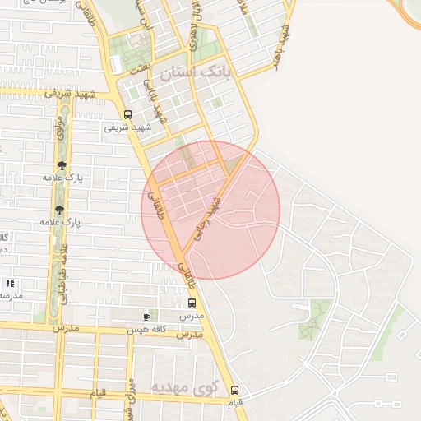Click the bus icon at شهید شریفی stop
(x=127, y=115)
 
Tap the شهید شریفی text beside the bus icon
(x=129, y=128)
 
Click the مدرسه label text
(x=12, y=294)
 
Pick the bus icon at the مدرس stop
(x=192, y=303)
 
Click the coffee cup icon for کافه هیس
(x=147, y=317)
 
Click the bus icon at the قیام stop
(x=234, y=390)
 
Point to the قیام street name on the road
(x=97, y=394)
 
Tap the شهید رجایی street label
(x=207, y=218)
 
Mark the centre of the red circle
(x=210, y=210)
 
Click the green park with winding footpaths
(x=312, y=320)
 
